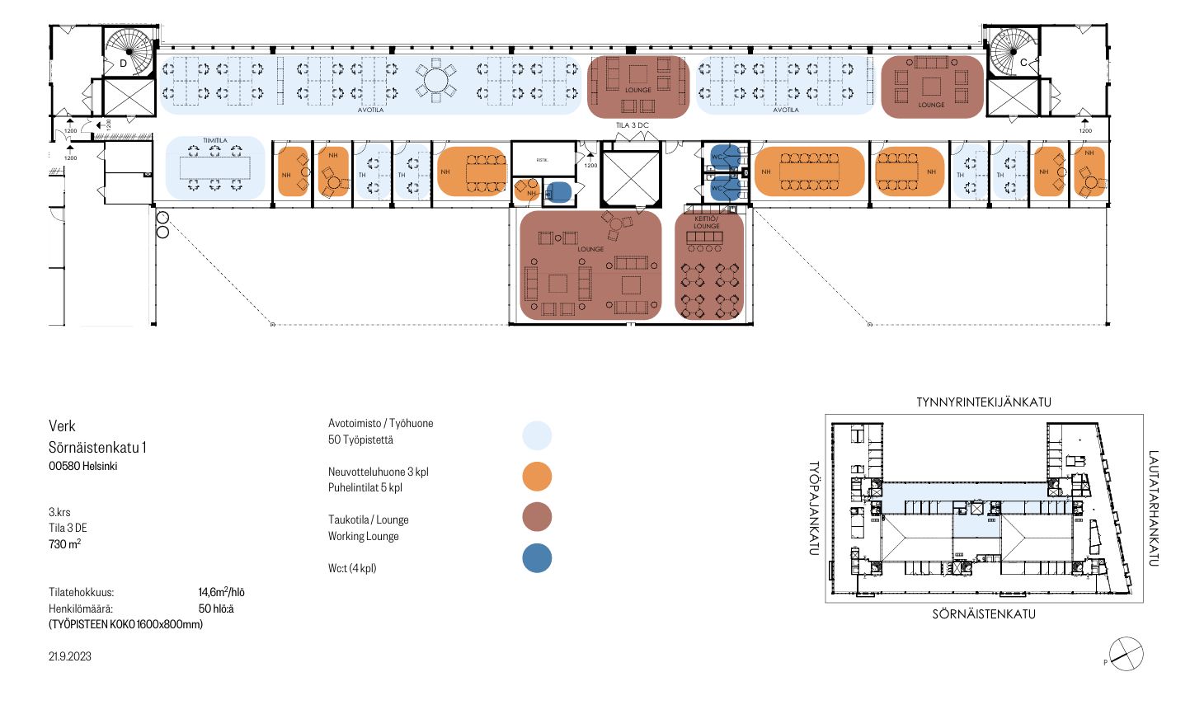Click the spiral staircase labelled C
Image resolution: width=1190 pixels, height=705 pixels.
click(x=1014, y=51)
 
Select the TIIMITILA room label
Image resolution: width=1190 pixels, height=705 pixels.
click(x=214, y=141)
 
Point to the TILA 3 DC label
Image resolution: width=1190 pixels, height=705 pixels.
click(x=633, y=125)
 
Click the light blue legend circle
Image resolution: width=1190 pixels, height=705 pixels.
click(x=537, y=435)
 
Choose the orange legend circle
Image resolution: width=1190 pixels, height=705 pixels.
click(x=537, y=477)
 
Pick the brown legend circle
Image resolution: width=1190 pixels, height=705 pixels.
click(x=537, y=518)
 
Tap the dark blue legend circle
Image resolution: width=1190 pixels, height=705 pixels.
click(x=537, y=558)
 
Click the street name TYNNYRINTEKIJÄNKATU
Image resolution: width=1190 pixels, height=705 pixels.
click(x=984, y=402)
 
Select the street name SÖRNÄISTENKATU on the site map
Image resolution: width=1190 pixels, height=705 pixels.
click(x=984, y=614)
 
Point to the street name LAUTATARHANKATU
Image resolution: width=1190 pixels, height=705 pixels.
click(x=1153, y=508)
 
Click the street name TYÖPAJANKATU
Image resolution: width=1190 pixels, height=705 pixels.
click(x=814, y=508)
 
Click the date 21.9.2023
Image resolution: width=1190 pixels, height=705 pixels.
click(x=70, y=656)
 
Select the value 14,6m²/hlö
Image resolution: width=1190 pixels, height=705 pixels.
click(x=221, y=592)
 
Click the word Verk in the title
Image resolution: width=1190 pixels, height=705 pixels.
click(x=62, y=426)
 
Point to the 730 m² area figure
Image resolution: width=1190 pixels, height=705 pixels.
click(x=64, y=544)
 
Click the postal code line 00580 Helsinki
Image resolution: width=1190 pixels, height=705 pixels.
click(x=82, y=466)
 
